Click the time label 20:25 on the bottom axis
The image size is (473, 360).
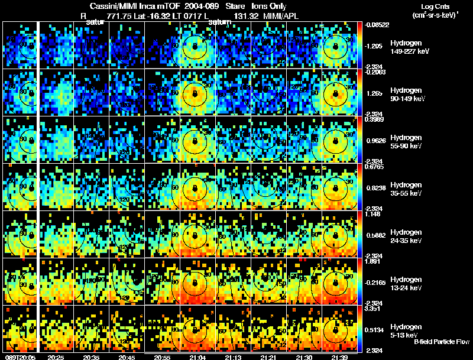click(56, 357)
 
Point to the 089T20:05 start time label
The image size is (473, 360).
click(18, 357)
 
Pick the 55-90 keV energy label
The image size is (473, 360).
click(406, 146)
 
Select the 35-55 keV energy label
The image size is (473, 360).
click(406, 193)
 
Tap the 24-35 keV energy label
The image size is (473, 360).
click(406, 241)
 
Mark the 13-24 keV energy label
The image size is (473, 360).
click(406, 288)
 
